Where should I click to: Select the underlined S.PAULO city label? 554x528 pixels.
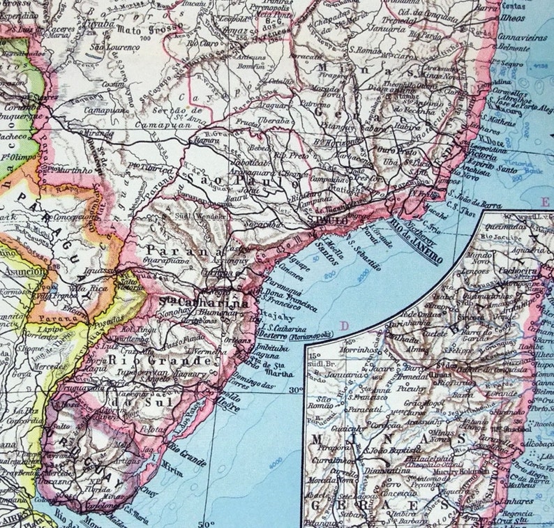[327, 220]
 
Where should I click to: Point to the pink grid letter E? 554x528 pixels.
[544, 202]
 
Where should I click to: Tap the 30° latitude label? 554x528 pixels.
[296, 390]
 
